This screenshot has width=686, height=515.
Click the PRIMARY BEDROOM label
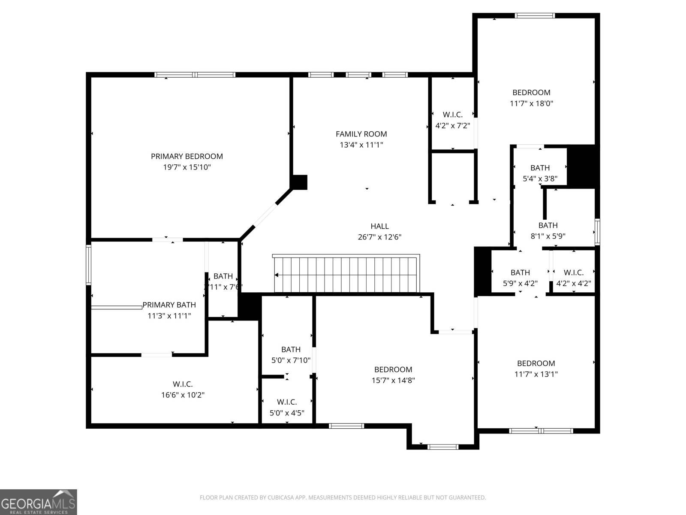[187, 157]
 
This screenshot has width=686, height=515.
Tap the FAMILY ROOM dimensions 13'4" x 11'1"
[361, 145]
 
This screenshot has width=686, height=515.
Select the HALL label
[379, 226]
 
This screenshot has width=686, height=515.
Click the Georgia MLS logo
[39, 502]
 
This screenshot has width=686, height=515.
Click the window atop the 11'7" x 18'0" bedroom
[535, 16]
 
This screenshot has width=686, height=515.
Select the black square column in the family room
[299, 182]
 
